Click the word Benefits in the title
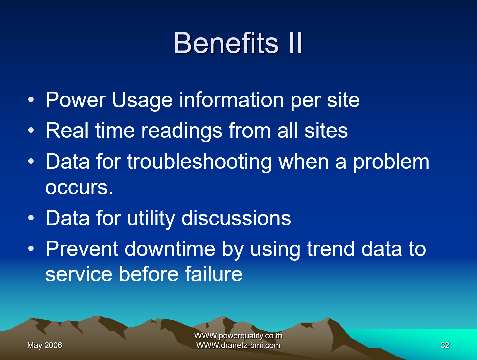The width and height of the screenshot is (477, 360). coord(226,43)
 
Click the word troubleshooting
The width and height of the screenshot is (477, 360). coord(199,162)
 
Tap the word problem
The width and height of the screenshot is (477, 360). coord(391,162)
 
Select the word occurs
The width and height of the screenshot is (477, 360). coord(79,188)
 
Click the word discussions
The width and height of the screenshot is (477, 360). coord(236,219)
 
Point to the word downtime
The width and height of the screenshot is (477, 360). coord(170,249)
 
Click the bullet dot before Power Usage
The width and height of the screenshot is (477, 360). coord(31,100)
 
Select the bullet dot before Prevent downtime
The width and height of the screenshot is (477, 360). coord(31,249)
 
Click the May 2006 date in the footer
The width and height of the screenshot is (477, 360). coord(45,345)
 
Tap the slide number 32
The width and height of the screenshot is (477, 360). coord(445,345)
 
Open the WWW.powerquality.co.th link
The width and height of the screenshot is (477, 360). coord(238,336)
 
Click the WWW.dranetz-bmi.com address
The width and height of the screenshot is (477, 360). coord(238,345)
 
